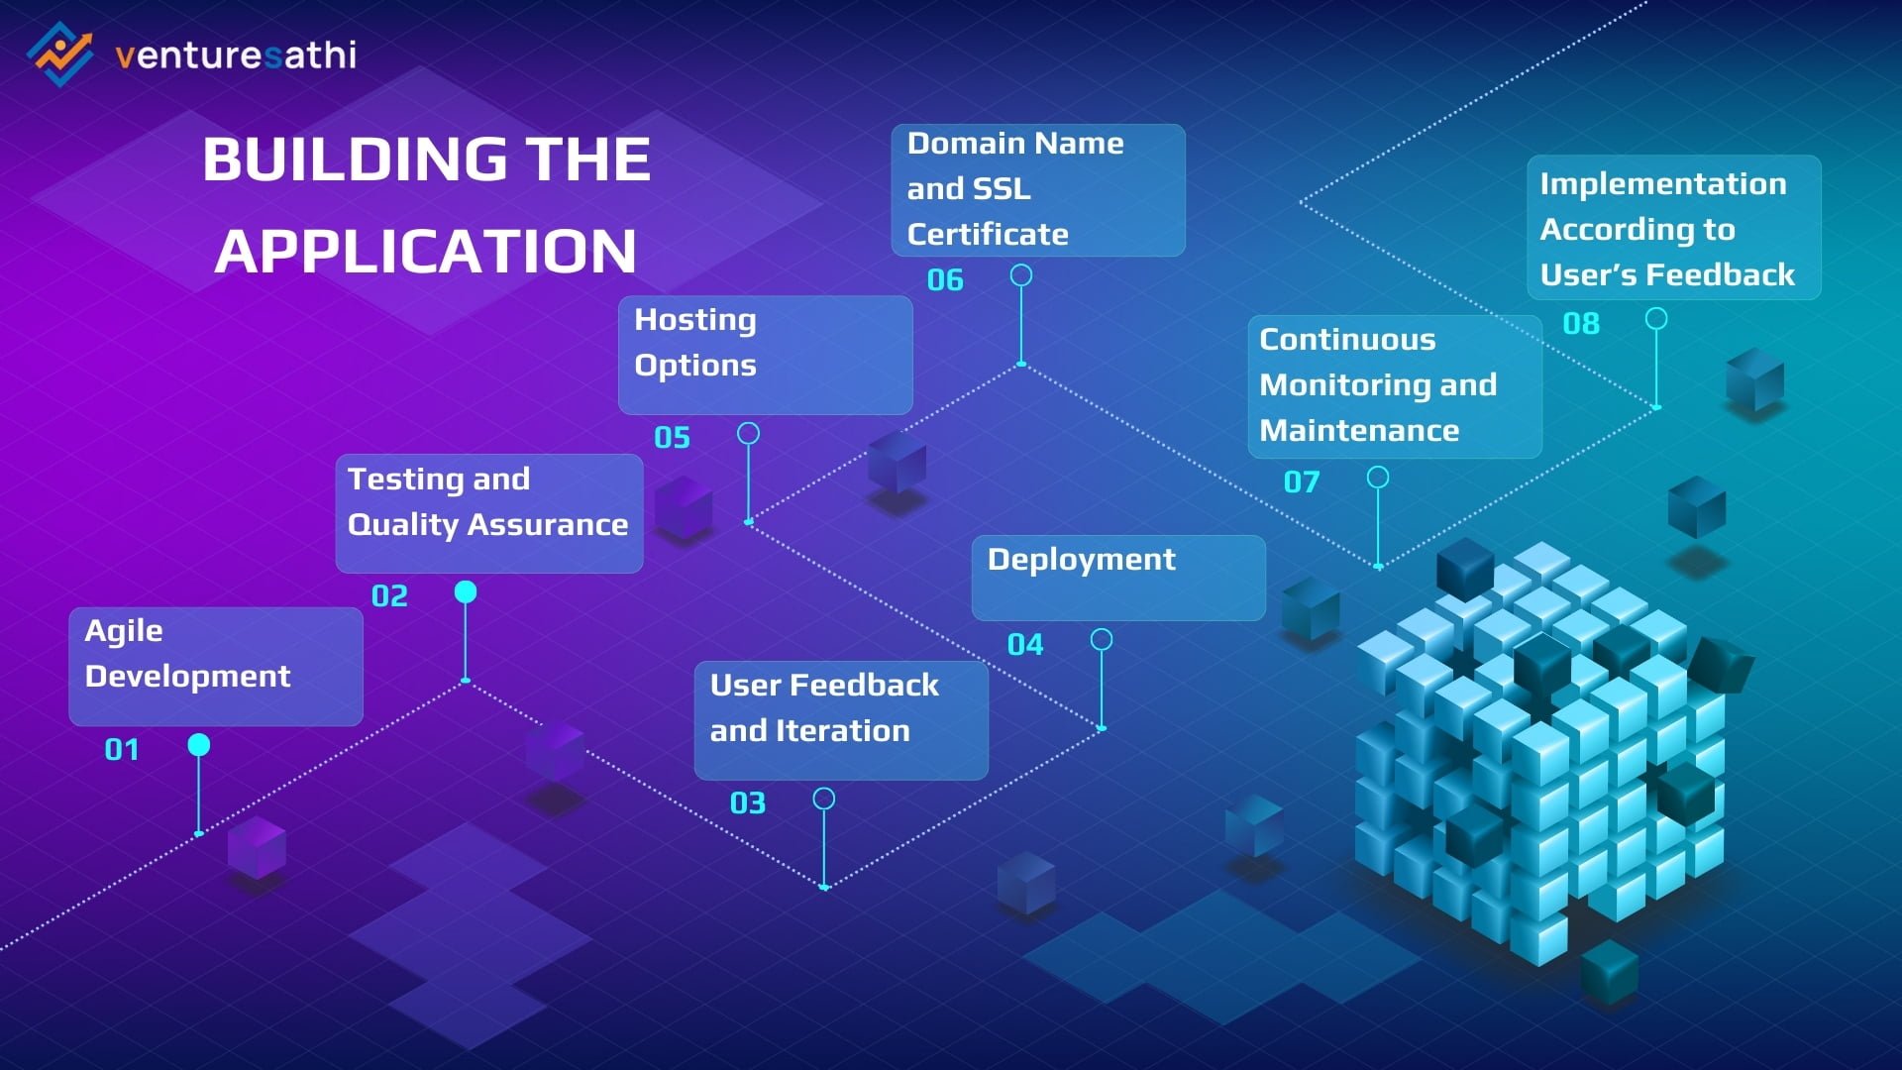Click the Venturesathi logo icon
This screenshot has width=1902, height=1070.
pyautogui.click(x=59, y=53)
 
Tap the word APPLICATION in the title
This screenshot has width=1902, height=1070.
pyautogui.click(x=426, y=252)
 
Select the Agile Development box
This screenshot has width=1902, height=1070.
pyautogui.click(x=216, y=667)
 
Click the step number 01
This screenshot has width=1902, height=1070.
pyautogui.click(x=122, y=749)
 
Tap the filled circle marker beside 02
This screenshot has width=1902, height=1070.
pyautogui.click(x=466, y=591)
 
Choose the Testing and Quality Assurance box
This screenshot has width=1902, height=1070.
pyautogui.click(x=489, y=513)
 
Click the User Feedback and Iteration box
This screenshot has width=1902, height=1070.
pyautogui.click(x=841, y=720)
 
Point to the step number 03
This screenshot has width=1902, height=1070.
pyautogui.click(x=748, y=802)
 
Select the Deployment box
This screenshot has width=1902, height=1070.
pyautogui.click(x=1118, y=579)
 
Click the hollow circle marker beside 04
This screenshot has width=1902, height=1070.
pyautogui.click(x=1102, y=640)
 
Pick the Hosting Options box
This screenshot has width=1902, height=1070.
pyautogui.click(x=765, y=355)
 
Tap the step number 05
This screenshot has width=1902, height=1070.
pyautogui.click(x=672, y=437)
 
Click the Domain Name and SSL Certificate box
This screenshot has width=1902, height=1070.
pyautogui.click(x=1038, y=190)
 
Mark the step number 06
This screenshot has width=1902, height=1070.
pyautogui.click(x=945, y=280)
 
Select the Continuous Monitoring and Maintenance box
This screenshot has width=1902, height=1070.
pyautogui.click(x=1395, y=386)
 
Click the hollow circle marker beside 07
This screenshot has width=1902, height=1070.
pyautogui.click(x=1378, y=478)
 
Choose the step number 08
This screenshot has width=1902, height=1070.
pyautogui.click(x=1581, y=323)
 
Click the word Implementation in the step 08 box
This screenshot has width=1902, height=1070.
pyautogui.click(x=1663, y=184)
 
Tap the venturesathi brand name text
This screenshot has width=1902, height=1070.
pyautogui.click(x=236, y=54)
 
